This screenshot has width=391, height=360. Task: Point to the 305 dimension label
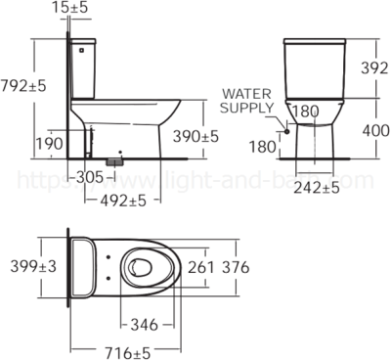pos(89,177)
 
